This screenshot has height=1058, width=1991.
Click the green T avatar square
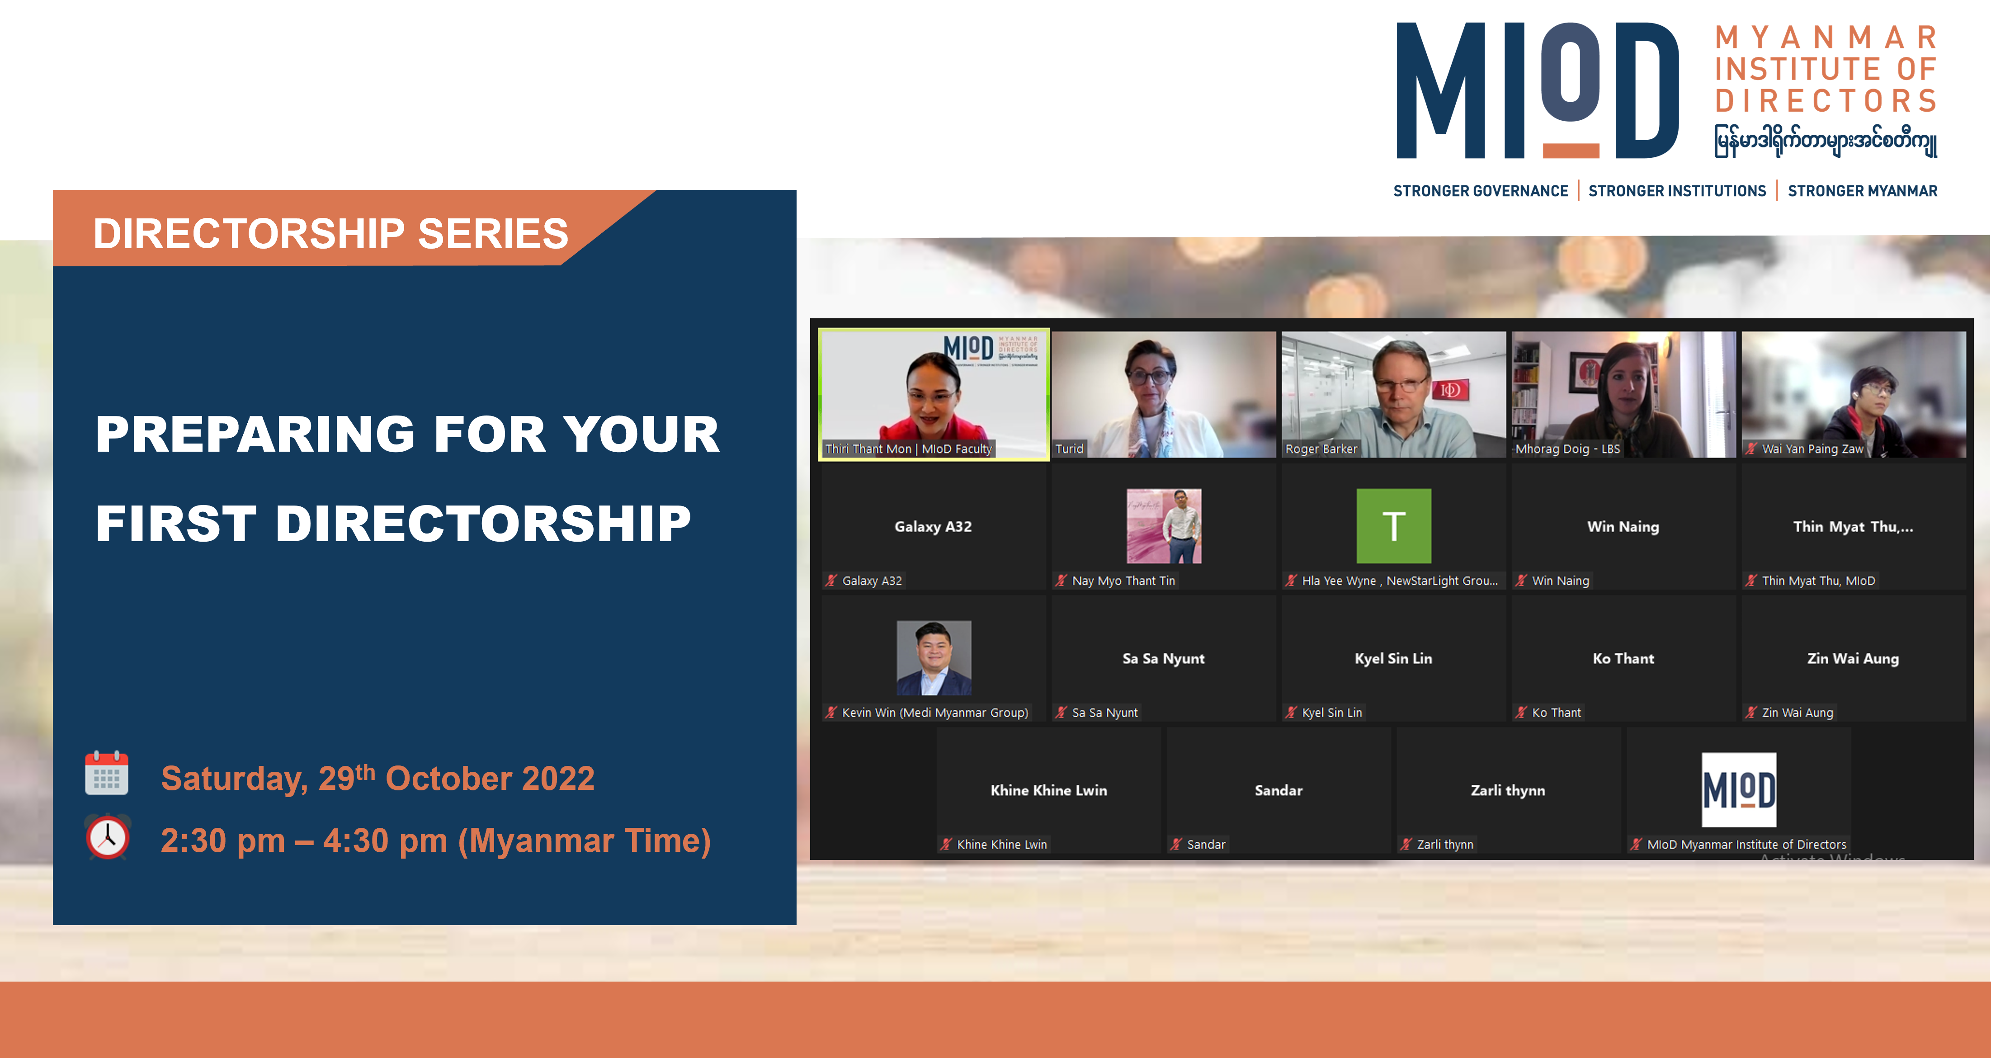point(1393,525)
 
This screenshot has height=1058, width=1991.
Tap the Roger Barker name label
point(1321,449)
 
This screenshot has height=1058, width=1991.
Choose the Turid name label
point(1070,449)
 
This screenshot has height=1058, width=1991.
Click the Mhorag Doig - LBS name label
point(1567,449)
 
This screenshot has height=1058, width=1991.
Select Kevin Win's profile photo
point(934,658)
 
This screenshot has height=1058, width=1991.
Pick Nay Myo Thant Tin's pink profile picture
point(1164,525)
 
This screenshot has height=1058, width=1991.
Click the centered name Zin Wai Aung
point(1853,658)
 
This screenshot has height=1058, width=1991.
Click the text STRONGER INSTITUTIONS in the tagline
point(1677,191)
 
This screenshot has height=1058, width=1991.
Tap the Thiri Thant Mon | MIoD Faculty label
point(908,449)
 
